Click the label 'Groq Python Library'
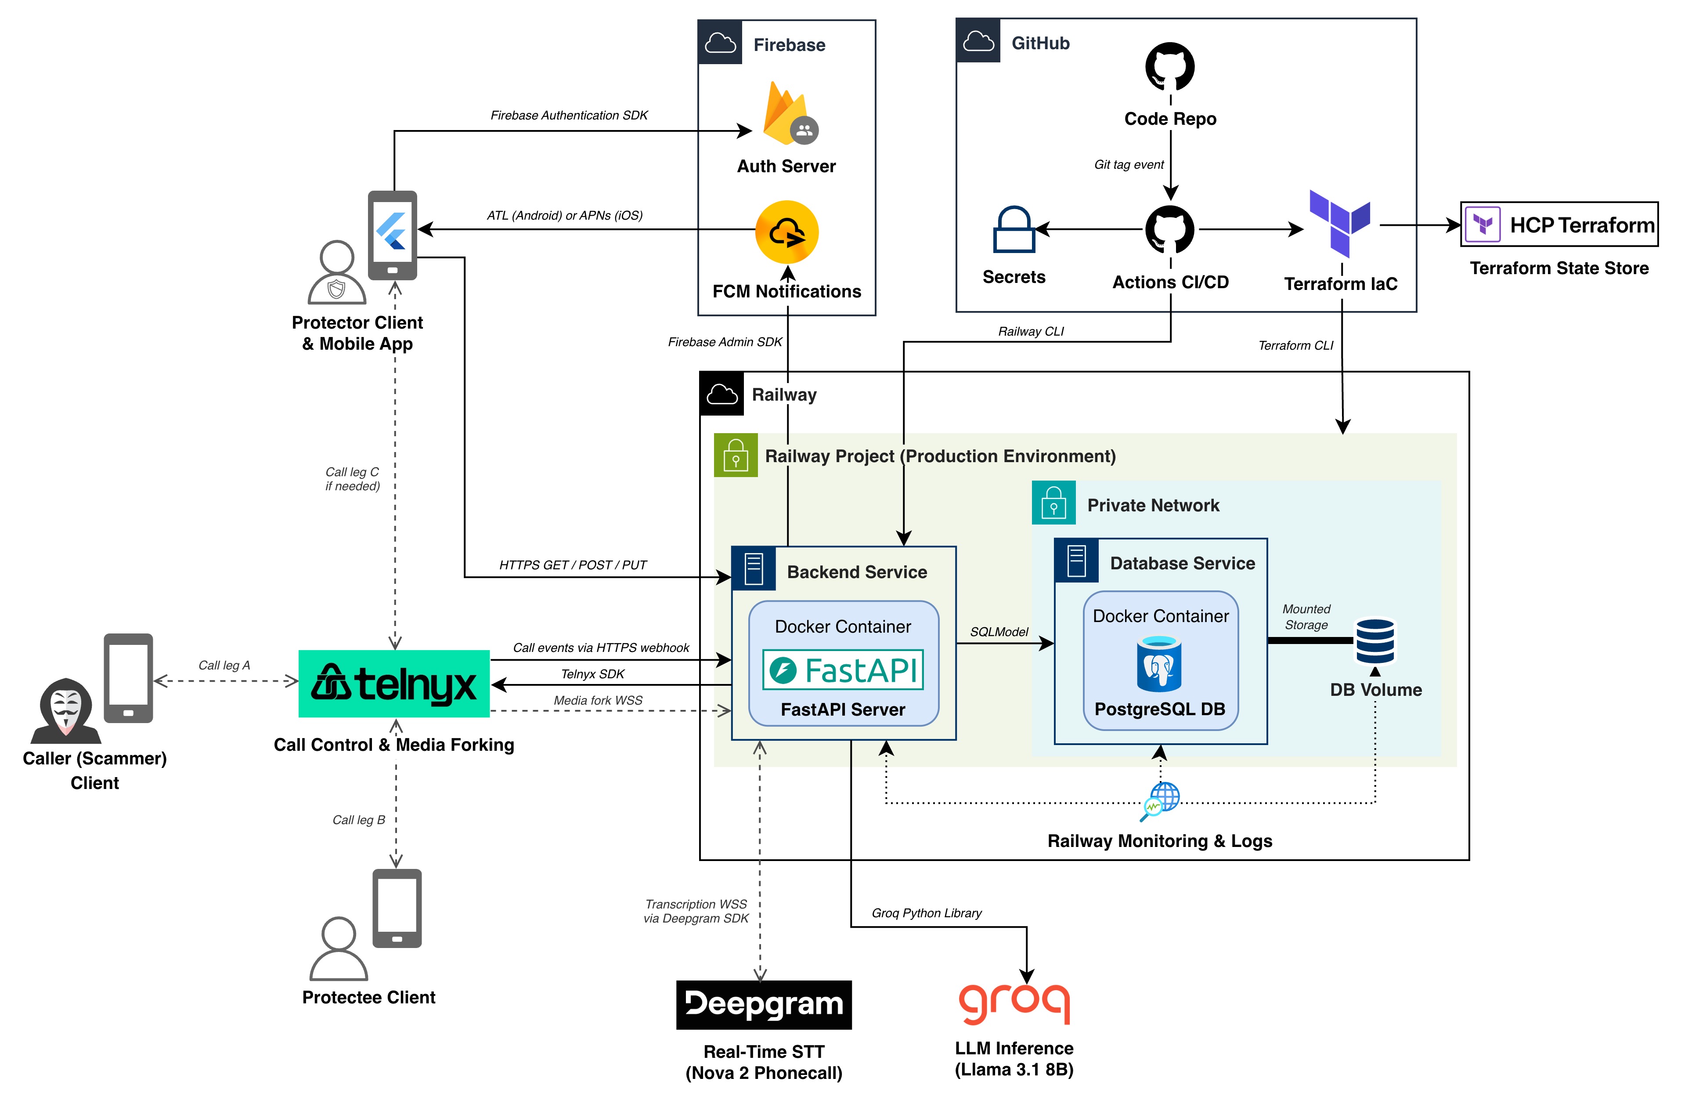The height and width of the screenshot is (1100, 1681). pos(926,913)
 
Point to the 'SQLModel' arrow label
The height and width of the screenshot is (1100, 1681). pos(998,632)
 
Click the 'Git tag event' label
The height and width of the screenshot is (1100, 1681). pos(1128,165)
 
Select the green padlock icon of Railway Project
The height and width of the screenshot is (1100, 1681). pos(735,455)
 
